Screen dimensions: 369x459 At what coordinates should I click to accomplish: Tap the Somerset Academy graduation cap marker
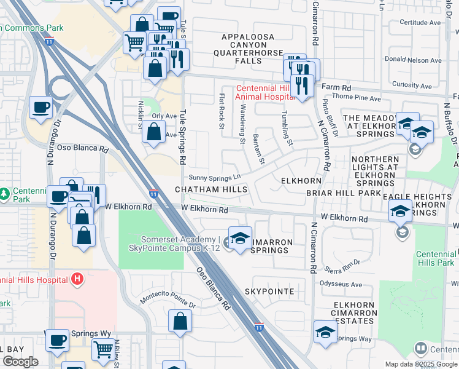tap(240, 238)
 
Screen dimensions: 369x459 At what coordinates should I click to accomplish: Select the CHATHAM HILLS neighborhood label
tap(211, 189)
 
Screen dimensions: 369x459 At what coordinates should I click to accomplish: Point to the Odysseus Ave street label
tap(341, 284)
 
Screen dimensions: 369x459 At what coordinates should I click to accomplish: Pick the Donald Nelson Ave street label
tap(417, 60)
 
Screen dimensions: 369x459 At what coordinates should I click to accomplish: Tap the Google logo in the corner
tap(20, 362)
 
